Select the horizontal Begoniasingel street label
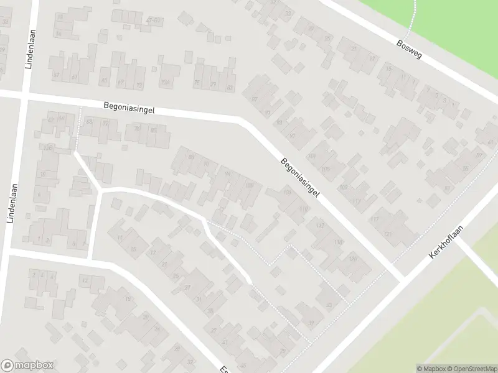pyautogui.click(x=129, y=108)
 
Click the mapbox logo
pyautogui.click(x=27, y=365)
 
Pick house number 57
pyautogui.click(x=56, y=76)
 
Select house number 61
pyautogui.click(x=74, y=77)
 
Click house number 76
pyautogui.click(x=136, y=128)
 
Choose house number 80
pyautogui.click(x=153, y=130)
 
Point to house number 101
pyautogui.click(x=312, y=156)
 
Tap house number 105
pyautogui.click(x=326, y=168)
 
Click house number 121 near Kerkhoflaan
pyautogui.click(x=387, y=234)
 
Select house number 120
pyautogui.click(x=352, y=258)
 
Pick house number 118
pyautogui.click(x=339, y=241)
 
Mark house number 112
pyautogui.click(x=320, y=225)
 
